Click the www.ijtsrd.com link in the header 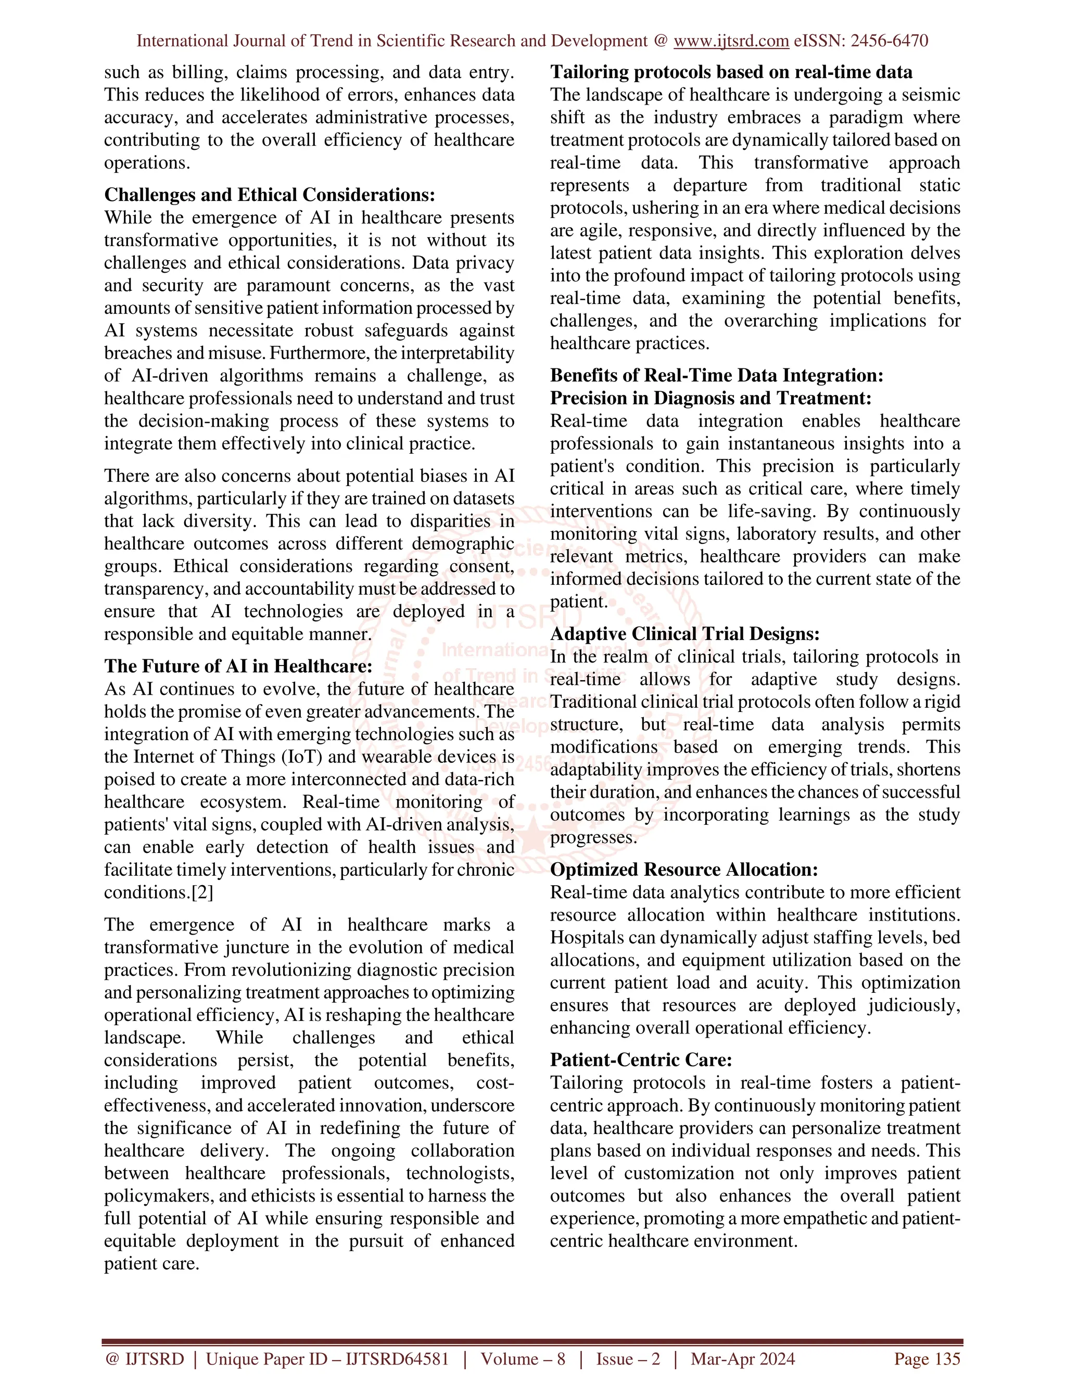coord(731,41)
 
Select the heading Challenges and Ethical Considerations coord(270,195)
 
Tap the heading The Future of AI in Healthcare coord(238,666)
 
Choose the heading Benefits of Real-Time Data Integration coord(716,375)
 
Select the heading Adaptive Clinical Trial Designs coord(684,634)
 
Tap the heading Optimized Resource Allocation coord(684,870)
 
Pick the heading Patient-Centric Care coord(641,1059)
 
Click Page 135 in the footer coord(927,1359)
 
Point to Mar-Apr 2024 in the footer coord(743,1359)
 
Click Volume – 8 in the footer coord(523,1359)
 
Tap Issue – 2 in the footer coord(628,1359)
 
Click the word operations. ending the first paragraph coord(146,162)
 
